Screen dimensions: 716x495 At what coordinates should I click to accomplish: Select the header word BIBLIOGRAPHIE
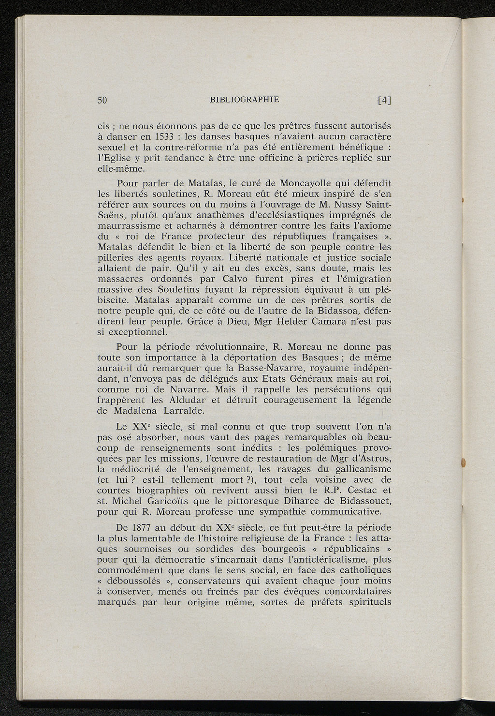pos(245,100)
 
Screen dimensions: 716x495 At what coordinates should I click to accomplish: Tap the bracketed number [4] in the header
pos(384,100)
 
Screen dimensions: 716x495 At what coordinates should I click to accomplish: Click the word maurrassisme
pos(130,226)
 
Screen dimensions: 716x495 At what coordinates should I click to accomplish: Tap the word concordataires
pos(358,592)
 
